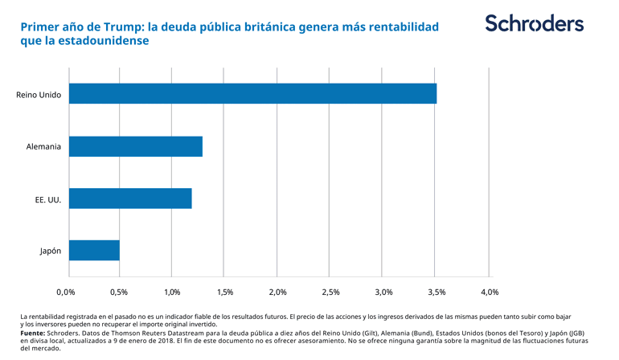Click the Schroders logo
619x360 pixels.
(x=534, y=23)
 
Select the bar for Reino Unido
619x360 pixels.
(x=252, y=93)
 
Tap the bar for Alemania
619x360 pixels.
(x=136, y=146)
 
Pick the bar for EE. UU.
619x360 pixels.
(x=130, y=198)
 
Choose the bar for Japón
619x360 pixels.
(x=94, y=250)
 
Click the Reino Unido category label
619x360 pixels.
(x=39, y=94)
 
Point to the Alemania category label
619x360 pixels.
(x=43, y=146)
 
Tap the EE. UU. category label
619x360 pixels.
(x=48, y=198)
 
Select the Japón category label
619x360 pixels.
(x=51, y=251)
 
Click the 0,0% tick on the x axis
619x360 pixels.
(x=65, y=292)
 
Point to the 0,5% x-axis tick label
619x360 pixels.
(x=119, y=292)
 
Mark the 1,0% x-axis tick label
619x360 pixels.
(x=172, y=292)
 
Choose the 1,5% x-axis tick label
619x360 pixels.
(x=225, y=292)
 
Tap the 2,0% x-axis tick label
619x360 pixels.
(x=278, y=292)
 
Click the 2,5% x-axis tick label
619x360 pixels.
(x=331, y=292)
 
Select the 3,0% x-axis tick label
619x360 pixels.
(x=383, y=292)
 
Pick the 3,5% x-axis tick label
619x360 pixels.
(x=437, y=292)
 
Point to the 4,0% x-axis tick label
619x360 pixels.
(x=490, y=292)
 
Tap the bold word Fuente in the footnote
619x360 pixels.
(x=32, y=332)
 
